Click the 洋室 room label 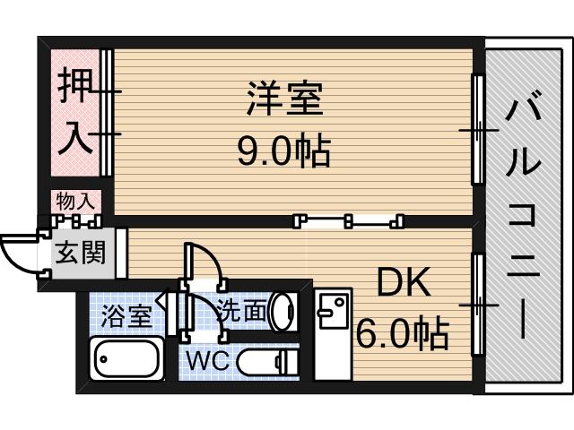pos(283,99)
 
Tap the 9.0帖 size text pos(283,151)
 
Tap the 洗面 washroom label pos(242,311)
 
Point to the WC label pos(208,362)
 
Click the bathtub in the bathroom pos(127,359)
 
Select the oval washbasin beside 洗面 pos(283,310)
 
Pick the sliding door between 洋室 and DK pos(350,219)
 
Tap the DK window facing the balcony pos(478,305)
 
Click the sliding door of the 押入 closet pos(107,112)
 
